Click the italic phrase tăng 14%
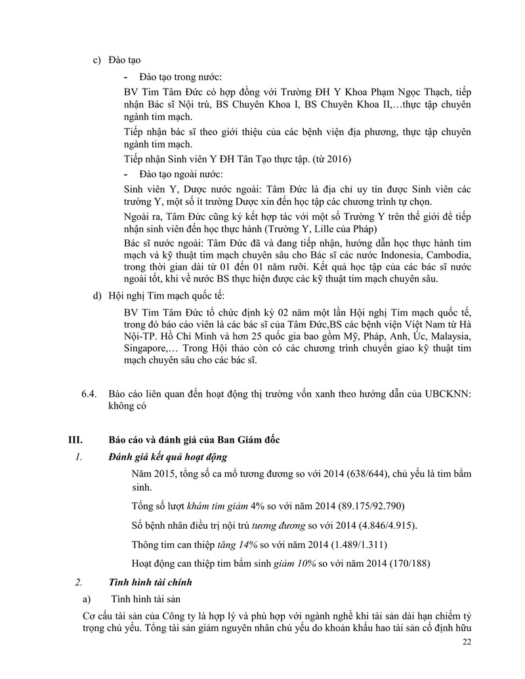click(243, 545)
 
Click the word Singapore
click(146, 349)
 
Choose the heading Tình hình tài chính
click(150, 582)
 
